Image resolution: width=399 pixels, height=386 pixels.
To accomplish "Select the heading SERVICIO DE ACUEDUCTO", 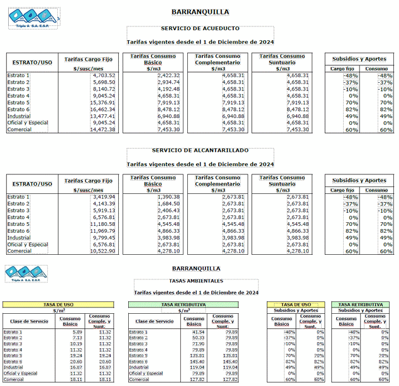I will pyautogui.click(x=200, y=29).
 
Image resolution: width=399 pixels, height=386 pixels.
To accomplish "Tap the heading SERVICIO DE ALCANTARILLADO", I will pyautogui.click(x=200, y=151).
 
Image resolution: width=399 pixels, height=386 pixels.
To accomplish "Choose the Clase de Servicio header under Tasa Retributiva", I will pyautogui.click(x=151, y=321).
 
